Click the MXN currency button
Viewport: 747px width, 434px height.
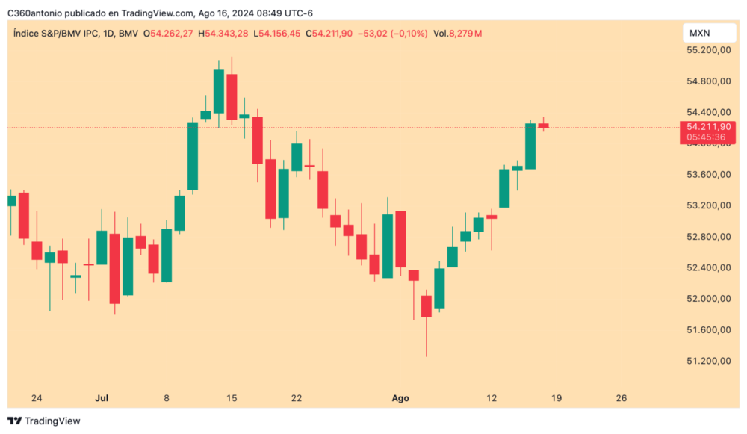click(x=700, y=34)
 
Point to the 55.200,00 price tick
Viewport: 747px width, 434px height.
click(x=708, y=50)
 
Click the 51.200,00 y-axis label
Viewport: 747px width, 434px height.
click(x=708, y=361)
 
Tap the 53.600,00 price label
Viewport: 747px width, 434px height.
click(x=708, y=175)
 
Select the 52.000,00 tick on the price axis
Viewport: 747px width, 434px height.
click(x=708, y=299)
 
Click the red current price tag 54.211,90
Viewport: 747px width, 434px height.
click(x=705, y=127)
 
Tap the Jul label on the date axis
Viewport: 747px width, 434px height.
click(x=102, y=398)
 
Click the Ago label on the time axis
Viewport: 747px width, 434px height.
click(x=401, y=398)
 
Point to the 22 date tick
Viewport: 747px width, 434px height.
click(x=297, y=398)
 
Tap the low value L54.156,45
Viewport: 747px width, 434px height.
click(x=277, y=34)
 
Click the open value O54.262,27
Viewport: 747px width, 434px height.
click(x=170, y=34)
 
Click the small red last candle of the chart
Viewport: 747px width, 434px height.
click(x=543, y=125)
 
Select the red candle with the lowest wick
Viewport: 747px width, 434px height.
click(x=427, y=306)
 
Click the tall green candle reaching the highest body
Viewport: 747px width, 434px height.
click(x=219, y=91)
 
